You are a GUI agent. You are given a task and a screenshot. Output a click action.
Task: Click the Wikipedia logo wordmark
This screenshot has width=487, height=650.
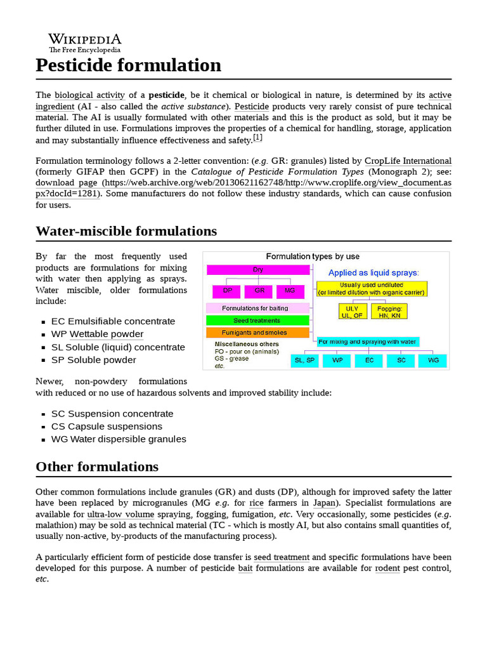point(84,39)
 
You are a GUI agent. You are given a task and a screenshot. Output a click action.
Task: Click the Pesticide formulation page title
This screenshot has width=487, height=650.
point(128,65)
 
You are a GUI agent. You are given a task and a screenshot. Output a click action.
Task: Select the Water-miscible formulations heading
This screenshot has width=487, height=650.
point(126,230)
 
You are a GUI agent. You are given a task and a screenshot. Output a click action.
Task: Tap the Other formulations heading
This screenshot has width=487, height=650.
point(97,467)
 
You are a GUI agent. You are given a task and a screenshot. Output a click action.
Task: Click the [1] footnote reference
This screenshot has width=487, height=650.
point(257,138)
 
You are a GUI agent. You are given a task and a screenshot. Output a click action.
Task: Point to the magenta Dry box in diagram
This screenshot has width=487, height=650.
point(258,270)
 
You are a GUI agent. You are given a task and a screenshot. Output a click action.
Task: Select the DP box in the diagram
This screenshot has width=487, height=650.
point(227,291)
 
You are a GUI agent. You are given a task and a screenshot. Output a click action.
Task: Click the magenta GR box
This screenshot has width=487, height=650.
point(259,291)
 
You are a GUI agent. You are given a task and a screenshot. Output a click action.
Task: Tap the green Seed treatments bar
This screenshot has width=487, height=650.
point(257,321)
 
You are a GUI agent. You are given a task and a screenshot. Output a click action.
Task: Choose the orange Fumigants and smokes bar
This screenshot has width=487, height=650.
point(257,333)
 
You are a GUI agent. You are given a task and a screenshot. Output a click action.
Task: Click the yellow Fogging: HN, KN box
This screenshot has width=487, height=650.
point(389,311)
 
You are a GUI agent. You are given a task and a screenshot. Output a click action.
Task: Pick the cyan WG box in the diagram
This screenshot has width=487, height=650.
point(432,361)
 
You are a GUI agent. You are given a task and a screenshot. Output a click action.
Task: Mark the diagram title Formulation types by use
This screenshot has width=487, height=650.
point(313,257)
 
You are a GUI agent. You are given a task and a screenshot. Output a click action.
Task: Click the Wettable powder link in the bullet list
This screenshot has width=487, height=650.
point(106,334)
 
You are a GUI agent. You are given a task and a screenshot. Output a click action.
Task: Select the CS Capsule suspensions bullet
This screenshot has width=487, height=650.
point(107,426)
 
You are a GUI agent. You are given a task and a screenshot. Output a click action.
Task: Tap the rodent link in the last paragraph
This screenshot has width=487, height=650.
point(387,568)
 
